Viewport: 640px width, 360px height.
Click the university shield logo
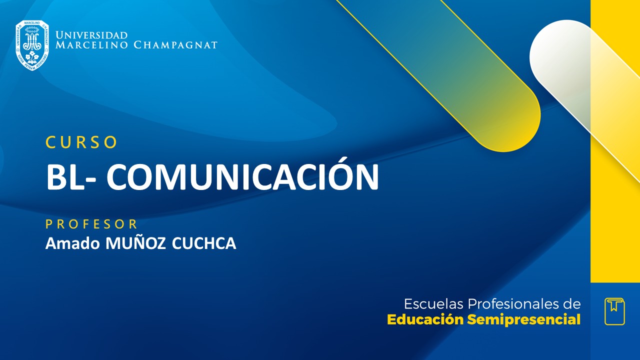click(32, 45)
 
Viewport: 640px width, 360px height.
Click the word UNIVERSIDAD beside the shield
click(91, 35)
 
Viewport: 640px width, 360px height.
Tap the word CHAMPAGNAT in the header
click(175, 45)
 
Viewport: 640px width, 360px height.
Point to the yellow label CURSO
click(81, 142)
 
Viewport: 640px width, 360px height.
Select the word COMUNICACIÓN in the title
click(242, 176)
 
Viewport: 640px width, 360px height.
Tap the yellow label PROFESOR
click(91, 223)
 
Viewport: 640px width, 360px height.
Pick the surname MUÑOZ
click(134, 243)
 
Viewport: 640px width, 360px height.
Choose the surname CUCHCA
click(203, 243)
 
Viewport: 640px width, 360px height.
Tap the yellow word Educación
click(425, 320)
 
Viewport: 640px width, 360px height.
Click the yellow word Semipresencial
click(523, 320)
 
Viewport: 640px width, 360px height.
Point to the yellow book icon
click(614, 311)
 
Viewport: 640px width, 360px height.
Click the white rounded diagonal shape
click(565, 60)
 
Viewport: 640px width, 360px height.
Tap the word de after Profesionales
click(572, 304)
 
